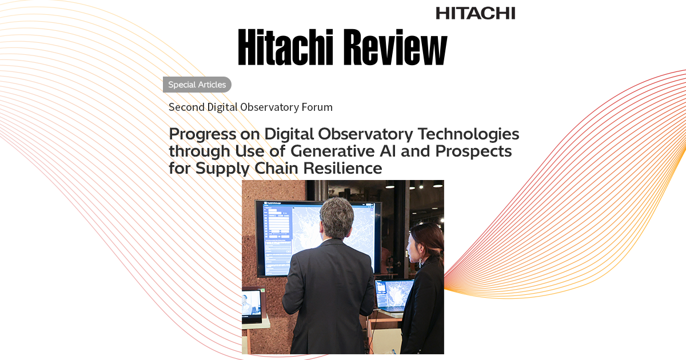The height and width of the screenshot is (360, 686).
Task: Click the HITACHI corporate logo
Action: (x=475, y=13)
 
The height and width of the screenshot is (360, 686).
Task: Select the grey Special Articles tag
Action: (x=197, y=85)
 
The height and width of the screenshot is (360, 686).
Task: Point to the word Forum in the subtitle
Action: (x=314, y=107)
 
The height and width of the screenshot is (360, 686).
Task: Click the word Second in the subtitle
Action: (x=185, y=107)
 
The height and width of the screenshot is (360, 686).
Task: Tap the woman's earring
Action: (x=421, y=261)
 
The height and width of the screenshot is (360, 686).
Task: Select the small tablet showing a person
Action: (x=251, y=303)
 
